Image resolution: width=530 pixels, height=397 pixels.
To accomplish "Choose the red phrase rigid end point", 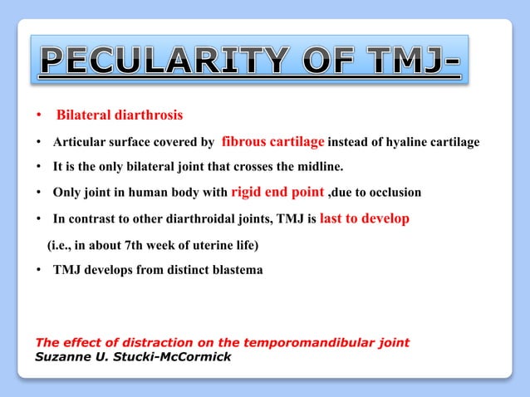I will pyautogui.click(x=278, y=193).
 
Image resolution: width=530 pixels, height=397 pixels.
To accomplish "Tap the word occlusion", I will pyautogui.click(x=394, y=194).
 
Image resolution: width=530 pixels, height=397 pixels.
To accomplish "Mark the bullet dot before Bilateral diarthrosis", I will pyautogui.click(x=40, y=115).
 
